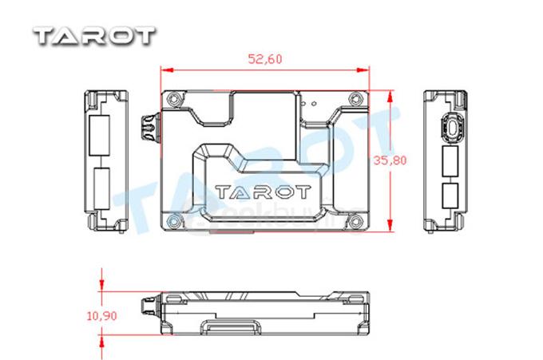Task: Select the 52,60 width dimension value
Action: [x=266, y=58]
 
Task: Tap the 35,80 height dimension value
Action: [x=390, y=160]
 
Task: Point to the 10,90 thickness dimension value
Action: [x=101, y=316]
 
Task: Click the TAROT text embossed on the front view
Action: [x=263, y=192]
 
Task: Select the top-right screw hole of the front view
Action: [x=354, y=100]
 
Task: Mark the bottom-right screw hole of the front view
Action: [x=354, y=220]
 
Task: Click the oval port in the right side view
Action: [x=452, y=126]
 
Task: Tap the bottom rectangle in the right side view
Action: [x=450, y=195]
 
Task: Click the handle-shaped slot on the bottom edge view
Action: [x=232, y=328]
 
